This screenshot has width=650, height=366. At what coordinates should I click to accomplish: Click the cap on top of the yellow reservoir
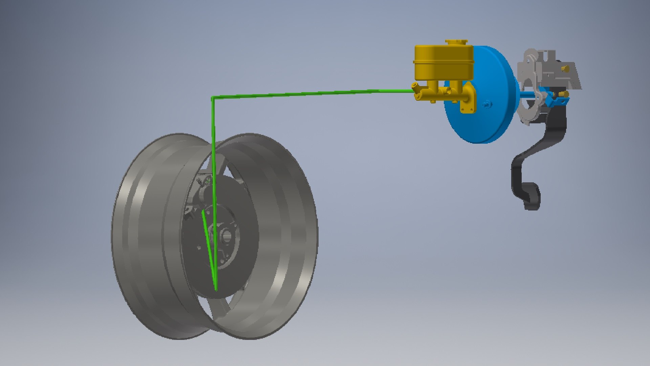coord(456,43)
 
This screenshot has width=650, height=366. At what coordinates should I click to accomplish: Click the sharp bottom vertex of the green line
coord(216,290)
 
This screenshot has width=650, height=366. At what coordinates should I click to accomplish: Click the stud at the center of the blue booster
coord(486,104)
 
